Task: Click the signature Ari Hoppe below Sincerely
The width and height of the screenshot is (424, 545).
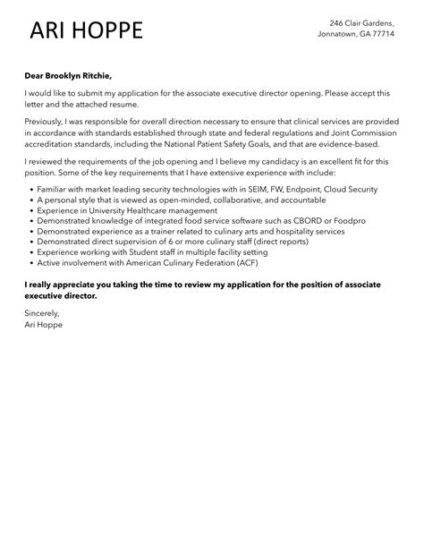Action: click(x=44, y=326)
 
